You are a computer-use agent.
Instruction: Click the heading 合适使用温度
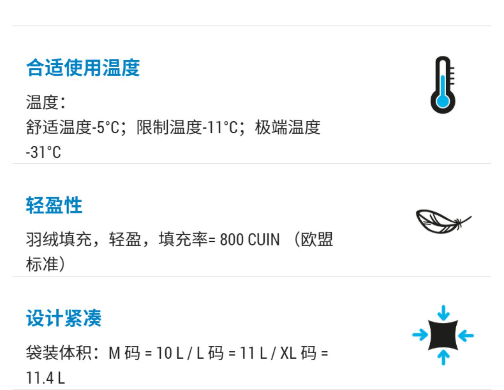pyautogui.click(x=83, y=68)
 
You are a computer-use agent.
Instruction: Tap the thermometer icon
pyautogui.click(x=443, y=85)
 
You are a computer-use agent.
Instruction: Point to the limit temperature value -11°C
pyautogui.click(x=220, y=128)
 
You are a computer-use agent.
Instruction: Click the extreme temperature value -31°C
pyautogui.click(x=43, y=152)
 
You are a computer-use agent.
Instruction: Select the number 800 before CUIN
pyautogui.click(x=232, y=240)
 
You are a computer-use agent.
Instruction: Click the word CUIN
pyautogui.click(x=263, y=240)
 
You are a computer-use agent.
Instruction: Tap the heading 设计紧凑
pyautogui.click(x=64, y=318)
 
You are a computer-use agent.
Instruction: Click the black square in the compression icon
pyautogui.click(x=443, y=335)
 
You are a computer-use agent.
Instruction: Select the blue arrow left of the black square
pyautogui.click(x=420, y=335)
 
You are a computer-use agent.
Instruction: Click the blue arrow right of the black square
pyautogui.click(x=466, y=335)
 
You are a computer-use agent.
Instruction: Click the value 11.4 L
pyautogui.click(x=45, y=378)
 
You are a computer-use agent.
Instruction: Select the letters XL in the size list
pyautogui.click(x=288, y=353)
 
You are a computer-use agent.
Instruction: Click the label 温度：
pyautogui.click(x=45, y=102)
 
